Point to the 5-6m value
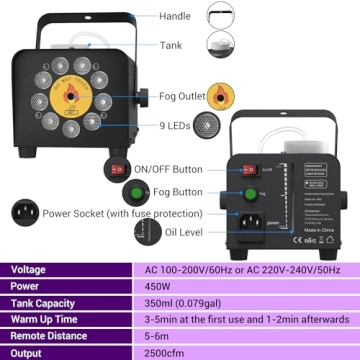(x=158, y=333)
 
